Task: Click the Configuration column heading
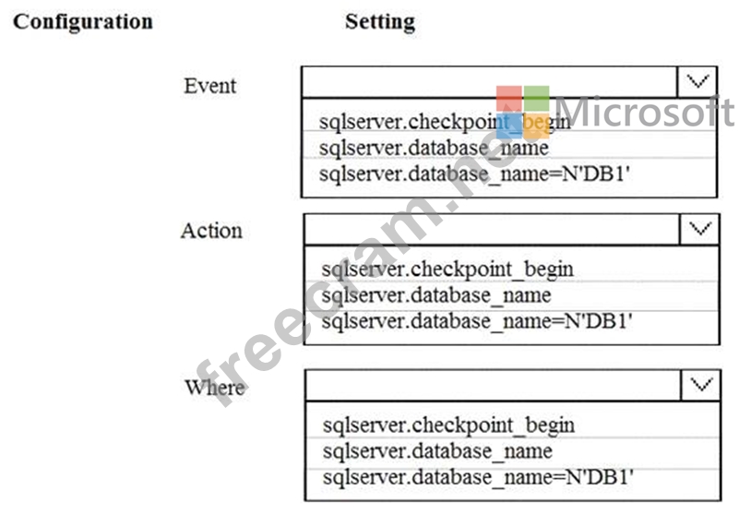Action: pos(83,22)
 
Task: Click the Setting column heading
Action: pos(380,22)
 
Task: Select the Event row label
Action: pos(210,86)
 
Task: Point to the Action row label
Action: pos(211,231)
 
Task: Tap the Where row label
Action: pos(215,388)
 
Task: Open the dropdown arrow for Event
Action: pos(697,81)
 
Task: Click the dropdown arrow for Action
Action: pos(699,229)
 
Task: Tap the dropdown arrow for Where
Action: pos(701,385)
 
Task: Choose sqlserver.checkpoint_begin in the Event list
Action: pos(445,122)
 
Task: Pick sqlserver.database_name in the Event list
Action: pos(434,148)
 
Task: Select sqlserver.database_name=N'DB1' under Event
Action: pos(474,174)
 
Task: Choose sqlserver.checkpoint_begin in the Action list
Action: pos(447,269)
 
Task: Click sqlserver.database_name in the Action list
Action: pos(436,295)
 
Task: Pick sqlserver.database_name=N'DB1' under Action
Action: pos(476,321)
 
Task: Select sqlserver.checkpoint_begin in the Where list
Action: pos(448,425)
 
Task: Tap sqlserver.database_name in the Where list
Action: pos(437,451)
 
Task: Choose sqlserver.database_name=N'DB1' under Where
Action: pos(478,477)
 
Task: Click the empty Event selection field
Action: pos(489,81)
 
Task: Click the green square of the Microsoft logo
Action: pos(536,98)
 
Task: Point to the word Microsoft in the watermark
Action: pos(645,112)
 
